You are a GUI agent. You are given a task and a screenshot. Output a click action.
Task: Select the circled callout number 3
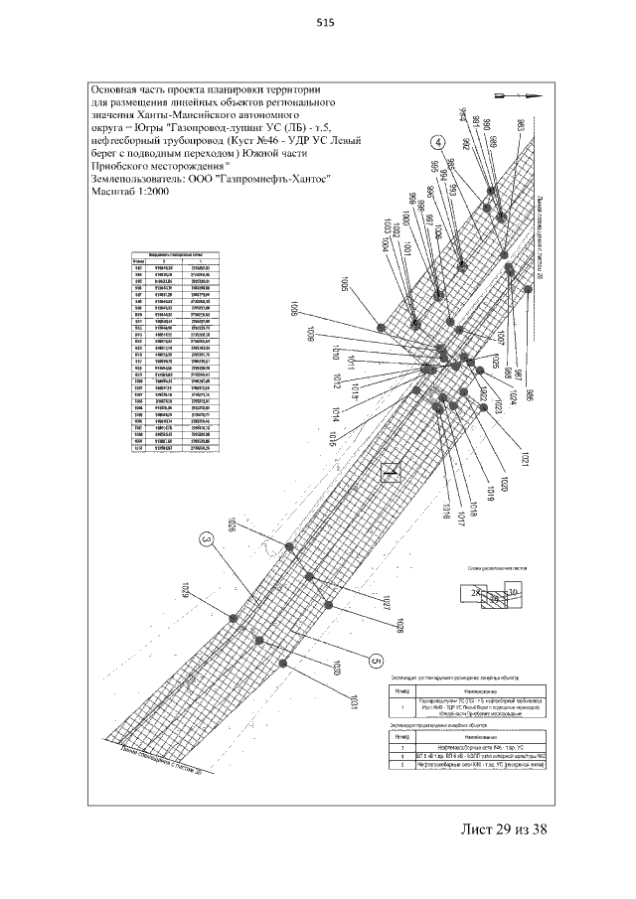pyautogui.click(x=207, y=539)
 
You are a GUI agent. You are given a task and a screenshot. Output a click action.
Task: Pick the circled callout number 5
pyautogui.click(x=375, y=660)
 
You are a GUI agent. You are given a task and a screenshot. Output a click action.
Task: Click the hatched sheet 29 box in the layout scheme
pyautogui.click(x=493, y=600)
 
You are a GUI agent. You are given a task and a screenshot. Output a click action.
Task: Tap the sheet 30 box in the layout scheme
pyautogui.click(x=513, y=593)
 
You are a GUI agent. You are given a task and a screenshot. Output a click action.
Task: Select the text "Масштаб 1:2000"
pyautogui.click(x=129, y=193)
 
